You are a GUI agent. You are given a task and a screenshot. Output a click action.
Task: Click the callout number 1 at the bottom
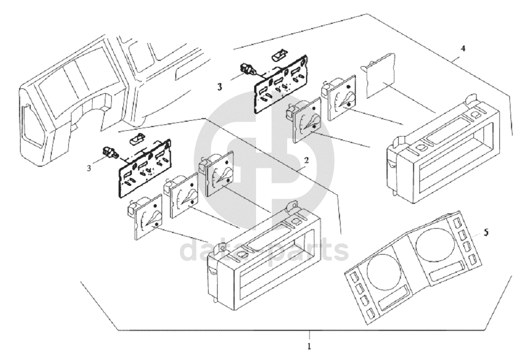pos(309,347)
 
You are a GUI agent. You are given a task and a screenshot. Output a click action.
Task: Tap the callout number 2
pos(306,161)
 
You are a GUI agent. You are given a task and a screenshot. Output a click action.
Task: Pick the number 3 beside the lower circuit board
pos(89,168)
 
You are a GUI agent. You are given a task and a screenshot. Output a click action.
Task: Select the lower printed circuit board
pos(144,166)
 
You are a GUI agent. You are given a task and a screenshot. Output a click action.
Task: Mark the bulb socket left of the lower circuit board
pos(111,153)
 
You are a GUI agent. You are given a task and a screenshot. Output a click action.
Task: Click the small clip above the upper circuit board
pos(279,54)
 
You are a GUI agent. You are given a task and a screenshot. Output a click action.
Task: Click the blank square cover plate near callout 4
pos(378,74)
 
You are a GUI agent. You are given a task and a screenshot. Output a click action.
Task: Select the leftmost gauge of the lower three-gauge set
pos(146,217)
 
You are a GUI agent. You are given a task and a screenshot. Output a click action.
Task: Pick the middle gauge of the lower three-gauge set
pos(181,194)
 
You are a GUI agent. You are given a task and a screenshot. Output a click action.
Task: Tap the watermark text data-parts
pos(265,250)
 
